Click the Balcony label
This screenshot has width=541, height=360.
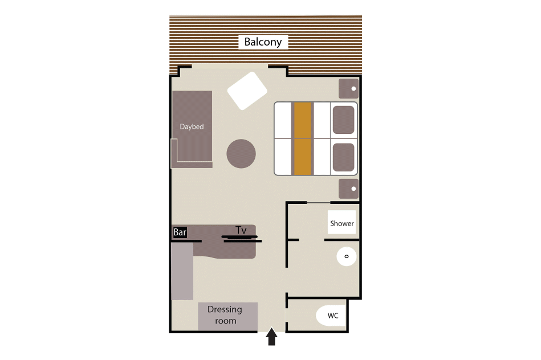(x=263, y=42)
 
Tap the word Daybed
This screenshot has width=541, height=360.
(x=192, y=126)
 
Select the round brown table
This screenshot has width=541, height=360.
(x=241, y=154)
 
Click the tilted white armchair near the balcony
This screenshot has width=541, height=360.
(x=247, y=91)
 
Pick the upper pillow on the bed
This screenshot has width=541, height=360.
(x=344, y=120)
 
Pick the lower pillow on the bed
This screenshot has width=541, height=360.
(x=344, y=157)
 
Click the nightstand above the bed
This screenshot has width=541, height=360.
(x=348, y=89)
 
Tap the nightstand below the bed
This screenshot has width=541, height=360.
(x=348, y=189)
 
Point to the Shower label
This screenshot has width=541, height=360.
(x=342, y=223)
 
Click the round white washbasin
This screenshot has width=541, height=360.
(x=347, y=256)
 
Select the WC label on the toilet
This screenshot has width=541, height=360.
(x=333, y=316)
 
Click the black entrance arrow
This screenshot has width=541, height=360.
(x=272, y=336)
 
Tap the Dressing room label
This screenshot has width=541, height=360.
(x=225, y=315)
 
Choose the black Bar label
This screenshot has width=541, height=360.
(x=180, y=232)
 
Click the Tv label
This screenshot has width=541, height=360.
(x=241, y=230)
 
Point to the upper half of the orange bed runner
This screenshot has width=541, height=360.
(x=303, y=120)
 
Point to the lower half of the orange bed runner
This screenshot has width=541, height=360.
(x=303, y=157)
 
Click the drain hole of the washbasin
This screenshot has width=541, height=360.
(x=347, y=256)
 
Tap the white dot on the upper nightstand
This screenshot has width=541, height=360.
(x=353, y=89)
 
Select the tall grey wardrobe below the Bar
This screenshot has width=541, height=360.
(x=182, y=271)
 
